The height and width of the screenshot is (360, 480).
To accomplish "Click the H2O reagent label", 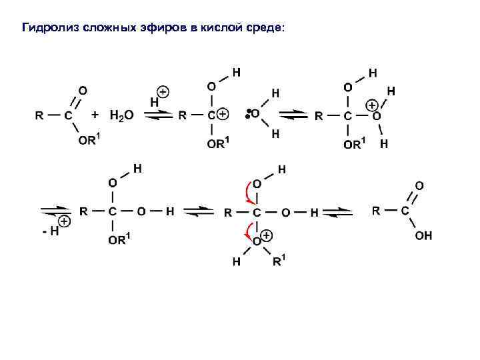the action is pyautogui.click(x=121, y=115).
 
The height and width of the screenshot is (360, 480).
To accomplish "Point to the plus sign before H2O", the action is pyautogui.click(x=95, y=115).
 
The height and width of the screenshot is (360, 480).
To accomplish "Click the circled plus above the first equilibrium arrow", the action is pyautogui.click(x=163, y=91).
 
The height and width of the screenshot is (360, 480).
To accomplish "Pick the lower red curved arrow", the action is pyautogui.click(x=247, y=231).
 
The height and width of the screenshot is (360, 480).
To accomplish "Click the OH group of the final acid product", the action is pyautogui.click(x=423, y=235).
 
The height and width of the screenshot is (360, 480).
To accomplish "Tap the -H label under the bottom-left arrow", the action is pyautogui.click(x=49, y=231).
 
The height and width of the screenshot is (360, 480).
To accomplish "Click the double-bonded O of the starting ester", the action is pyautogui.click(x=82, y=89).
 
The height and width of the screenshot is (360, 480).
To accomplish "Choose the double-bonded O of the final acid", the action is pyautogui.click(x=419, y=185).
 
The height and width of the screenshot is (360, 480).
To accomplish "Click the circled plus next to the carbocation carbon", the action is pyautogui.click(x=223, y=115).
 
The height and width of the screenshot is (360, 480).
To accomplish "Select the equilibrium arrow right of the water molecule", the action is pyautogui.click(x=291, y=115).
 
